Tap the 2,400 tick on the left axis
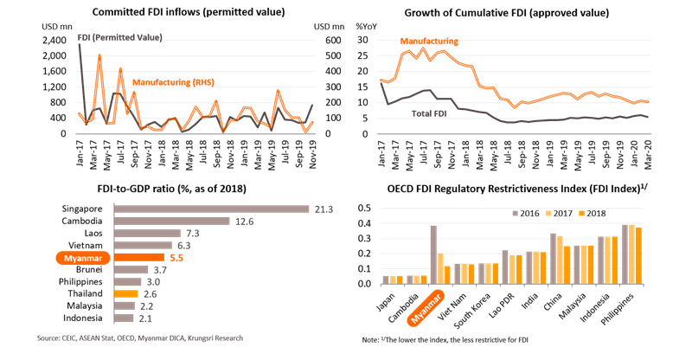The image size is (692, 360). tap(53, 40)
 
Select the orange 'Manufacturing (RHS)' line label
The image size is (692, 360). tap(173, 82)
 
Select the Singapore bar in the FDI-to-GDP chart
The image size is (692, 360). tap(212, 208)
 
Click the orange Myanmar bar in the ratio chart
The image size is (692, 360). tap(139, 257)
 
